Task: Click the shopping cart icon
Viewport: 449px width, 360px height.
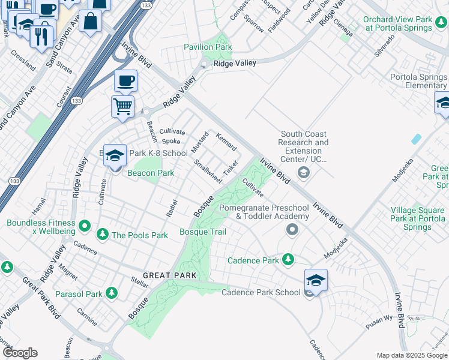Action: pyautogui.click(x=123, y=107)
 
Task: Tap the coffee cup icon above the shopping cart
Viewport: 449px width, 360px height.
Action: pyautogui.click(x=125, y=81)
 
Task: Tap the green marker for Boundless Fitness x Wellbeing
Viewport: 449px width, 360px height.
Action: pyautogui.click(x=85, y=227)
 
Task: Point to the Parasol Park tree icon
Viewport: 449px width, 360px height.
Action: pyautogui.click(x=111, y=293)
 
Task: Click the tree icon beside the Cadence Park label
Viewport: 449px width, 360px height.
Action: pyautogui.click(x=289, y=260)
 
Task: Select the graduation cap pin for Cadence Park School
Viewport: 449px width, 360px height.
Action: pyautogui.click(x=316, y=280)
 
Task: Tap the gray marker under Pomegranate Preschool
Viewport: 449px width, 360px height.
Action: pyautogui.click(x=292, y=230)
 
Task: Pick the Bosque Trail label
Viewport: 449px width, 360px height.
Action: pyautogui.click(x=203, y=232)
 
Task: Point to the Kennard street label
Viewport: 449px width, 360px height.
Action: pyautogui.click(x=227, y=142)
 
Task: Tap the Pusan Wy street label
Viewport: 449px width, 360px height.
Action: pyautogui.click(x=379, y=320)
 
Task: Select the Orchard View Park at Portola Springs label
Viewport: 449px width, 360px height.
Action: pyautogui.click(x=397, y=23)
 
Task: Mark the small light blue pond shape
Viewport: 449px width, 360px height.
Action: pyautogui.click(x=416, y=139)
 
